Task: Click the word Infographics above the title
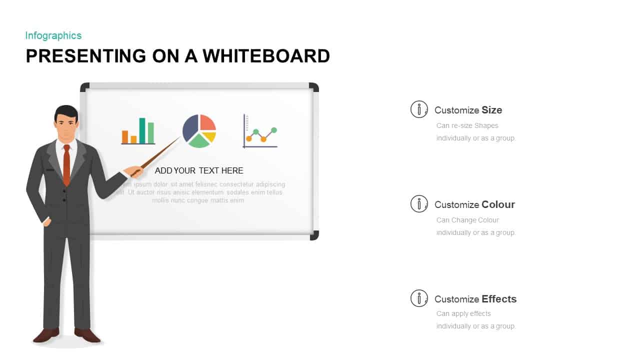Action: [x=53, y=35]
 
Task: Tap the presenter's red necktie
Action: [x=66, y=165]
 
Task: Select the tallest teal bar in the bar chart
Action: [x=142, y=130]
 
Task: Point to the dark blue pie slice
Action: [x=190, y=127]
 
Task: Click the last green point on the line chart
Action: [x=274, y=130]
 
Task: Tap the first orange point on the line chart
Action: [x=249, y=138]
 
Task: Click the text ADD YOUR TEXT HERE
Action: [x=199, y=170]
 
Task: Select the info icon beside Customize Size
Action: [x=419, y=109]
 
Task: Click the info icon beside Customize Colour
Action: [x=419, y=203]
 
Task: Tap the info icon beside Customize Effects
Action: [x=419, y=298]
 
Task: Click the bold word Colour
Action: [x=498, y=204]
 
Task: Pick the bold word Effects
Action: [x=499, y=299]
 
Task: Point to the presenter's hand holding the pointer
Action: [x=133, y=171]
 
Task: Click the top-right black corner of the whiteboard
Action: [x=314, y=87]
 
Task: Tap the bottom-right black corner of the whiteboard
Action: [x=314, y=235]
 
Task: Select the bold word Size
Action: [x=492, y=110]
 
